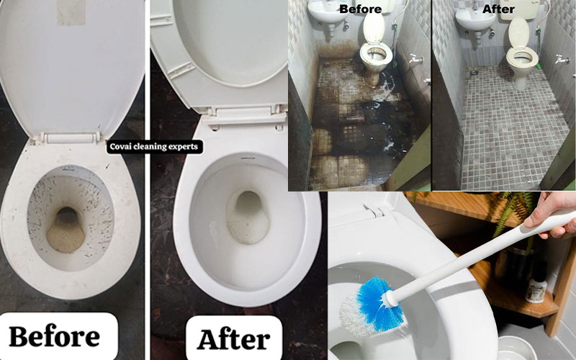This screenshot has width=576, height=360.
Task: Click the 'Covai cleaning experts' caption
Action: click(x=154, y=147)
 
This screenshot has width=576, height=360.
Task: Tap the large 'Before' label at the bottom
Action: click(x=55, y=336)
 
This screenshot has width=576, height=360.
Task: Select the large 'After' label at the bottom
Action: click(x=233, y=339)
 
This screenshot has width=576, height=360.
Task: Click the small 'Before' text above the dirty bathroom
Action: click(x=361, y=9)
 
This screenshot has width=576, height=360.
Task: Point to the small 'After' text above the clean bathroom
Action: click(x=498, y=9)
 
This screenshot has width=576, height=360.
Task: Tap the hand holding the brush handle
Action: click(x=550, y=214)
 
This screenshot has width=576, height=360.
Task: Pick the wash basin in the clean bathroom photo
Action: click(x=475, y=19)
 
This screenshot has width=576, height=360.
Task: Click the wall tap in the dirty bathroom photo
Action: click(x=415, y=59)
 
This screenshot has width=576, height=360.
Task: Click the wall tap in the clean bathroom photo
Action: click(x=562, y=59)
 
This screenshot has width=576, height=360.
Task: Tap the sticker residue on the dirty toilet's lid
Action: click(x=71, y=12)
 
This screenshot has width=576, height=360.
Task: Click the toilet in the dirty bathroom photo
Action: click(x=375, y=48)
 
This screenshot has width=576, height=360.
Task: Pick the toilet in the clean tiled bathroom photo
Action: click(x=521, y=53)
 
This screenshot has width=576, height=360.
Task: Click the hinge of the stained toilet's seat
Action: click(x=69, y=138)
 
